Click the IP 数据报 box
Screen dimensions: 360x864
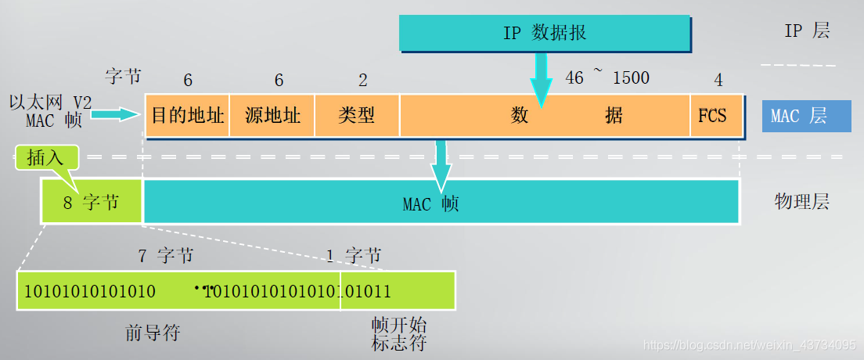coord(545,32)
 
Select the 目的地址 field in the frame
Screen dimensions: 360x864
coord(188,116)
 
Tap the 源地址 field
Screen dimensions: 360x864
coord(272,116)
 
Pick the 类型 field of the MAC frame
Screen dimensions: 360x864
coord(357,116)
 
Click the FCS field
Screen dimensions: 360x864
coord(712,116)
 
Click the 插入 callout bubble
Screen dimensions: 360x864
coord(46,157)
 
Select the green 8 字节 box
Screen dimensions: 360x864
coord(92,203)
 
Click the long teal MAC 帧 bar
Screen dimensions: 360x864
coord(441,203)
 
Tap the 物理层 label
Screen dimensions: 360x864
coord(801,202)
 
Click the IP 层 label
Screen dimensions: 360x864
coord(807,31)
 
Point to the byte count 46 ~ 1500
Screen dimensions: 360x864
coord(607,77)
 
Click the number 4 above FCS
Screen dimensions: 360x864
coord(718,80)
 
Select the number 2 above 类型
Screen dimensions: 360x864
coord(363,80)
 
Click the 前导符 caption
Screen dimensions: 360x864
coord(153,332)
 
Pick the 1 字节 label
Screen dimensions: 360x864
coord(353,255)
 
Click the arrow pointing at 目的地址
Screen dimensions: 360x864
coord(117,115)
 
